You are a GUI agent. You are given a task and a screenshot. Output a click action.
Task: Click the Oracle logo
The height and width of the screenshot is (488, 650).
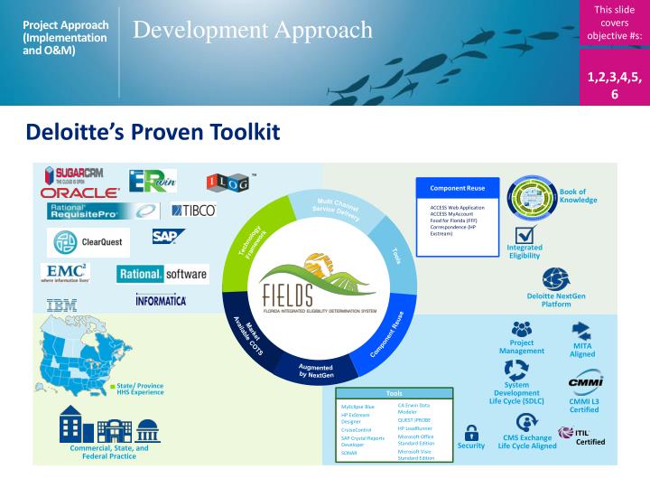pyautogui.click(x=79, y=192)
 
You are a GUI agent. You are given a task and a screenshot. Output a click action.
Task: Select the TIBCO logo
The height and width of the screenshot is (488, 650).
pyautogui.click(x=193, y=211)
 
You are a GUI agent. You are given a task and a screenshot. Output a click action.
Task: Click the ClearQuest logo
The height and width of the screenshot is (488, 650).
pyautogui.click(x=88, y=242)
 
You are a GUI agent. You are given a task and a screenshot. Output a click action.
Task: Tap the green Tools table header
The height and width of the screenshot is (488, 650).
pyautogui.click(x=395, y=393)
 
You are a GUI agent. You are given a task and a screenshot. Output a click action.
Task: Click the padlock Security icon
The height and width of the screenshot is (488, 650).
pyautogui.click(x=470, y=432)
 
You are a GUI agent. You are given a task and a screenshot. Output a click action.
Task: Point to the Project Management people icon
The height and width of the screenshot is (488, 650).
pyautogui.click(x=522, y=329)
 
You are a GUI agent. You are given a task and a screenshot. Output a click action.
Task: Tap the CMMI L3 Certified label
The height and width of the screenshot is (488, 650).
pyautogui.click(x=584, y=405)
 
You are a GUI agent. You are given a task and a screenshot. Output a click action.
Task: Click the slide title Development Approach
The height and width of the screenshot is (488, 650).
pyautogui.click(x=253, y=30)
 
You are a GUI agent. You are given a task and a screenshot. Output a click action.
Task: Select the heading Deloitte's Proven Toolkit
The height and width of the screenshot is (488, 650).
pyautogui.click(x=153, y=133)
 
